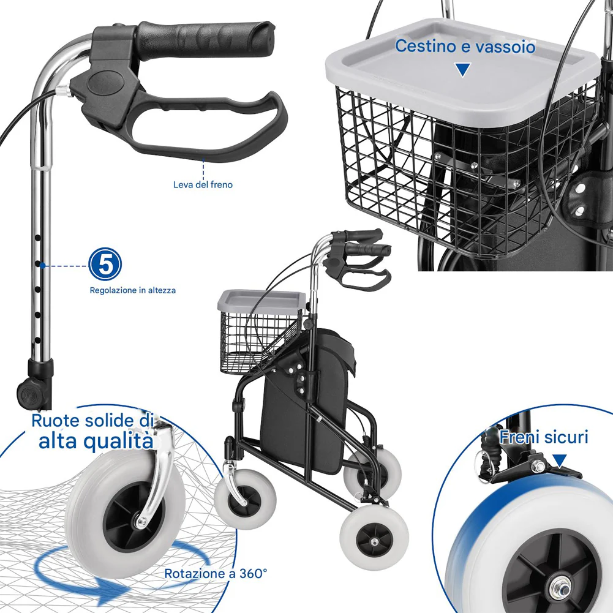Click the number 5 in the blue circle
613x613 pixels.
105,265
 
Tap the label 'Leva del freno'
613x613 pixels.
203,184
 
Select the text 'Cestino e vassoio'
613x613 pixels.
465,46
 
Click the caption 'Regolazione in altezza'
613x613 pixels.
133,290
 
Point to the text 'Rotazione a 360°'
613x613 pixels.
216,574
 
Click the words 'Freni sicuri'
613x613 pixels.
544,437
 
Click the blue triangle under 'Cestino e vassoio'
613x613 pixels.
463,70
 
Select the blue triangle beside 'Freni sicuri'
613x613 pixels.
560,461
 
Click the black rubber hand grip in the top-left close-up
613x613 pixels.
205,39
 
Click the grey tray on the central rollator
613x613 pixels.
261,299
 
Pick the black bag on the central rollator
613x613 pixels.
307,399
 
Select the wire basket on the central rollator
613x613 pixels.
261,340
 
